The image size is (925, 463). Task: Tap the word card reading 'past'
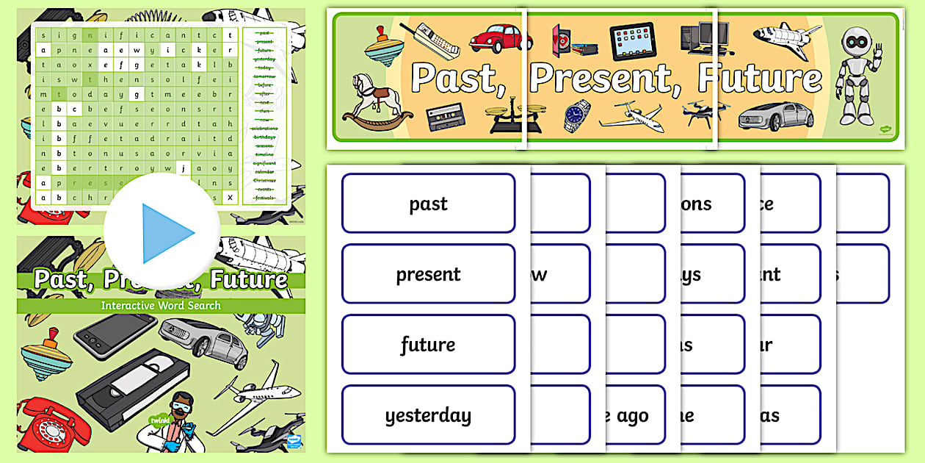[x=428, y=204]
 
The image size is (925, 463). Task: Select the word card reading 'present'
[x=428, y=274]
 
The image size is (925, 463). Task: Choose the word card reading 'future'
[x=428, y=345]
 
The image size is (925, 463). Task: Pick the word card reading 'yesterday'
[x=428, y=415]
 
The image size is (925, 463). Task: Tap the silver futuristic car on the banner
[x=776, y=116]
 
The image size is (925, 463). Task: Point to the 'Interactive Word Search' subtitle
[x=161, y=305]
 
